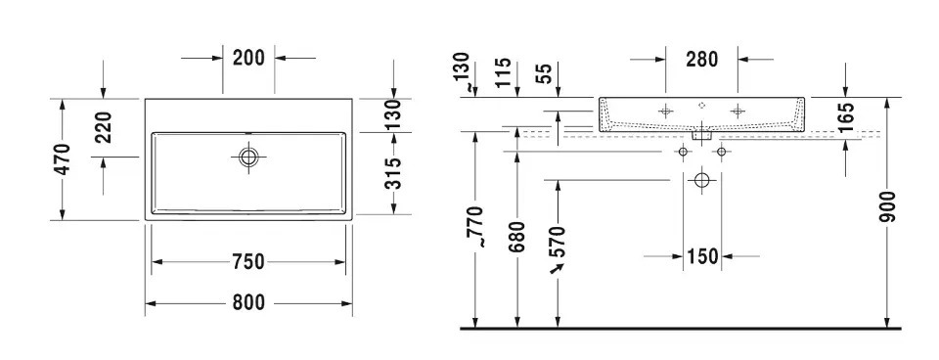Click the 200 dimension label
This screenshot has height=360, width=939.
249,58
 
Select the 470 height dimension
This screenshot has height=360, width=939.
63,158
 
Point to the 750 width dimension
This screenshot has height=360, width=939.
249,261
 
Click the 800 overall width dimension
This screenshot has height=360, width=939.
249,303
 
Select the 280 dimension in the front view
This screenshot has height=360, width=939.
700,59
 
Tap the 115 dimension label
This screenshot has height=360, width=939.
505,72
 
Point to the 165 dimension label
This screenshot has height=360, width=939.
847,118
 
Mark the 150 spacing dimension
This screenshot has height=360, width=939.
700,257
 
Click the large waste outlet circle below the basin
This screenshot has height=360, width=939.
700,180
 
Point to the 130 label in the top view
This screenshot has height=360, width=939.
393,115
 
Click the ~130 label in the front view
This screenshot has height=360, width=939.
466,72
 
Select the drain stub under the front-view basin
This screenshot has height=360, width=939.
700,138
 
